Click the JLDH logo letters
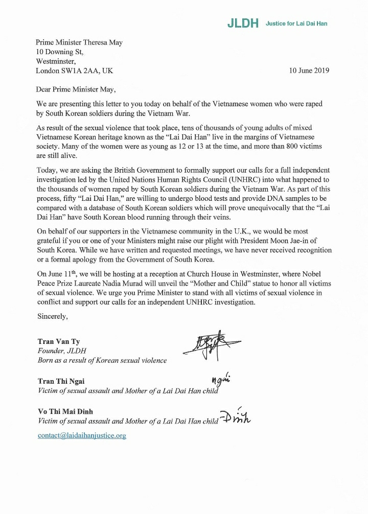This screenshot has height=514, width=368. pos(243,24)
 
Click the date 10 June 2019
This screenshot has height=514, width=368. pos(309,71)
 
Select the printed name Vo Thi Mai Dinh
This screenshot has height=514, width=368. pos(65,411)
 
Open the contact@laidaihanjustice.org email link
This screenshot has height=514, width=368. pos(82,435)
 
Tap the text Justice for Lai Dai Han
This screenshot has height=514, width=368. pos(296,24)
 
